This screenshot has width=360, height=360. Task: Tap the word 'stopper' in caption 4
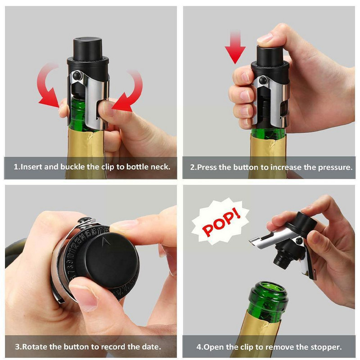(327, 347)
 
